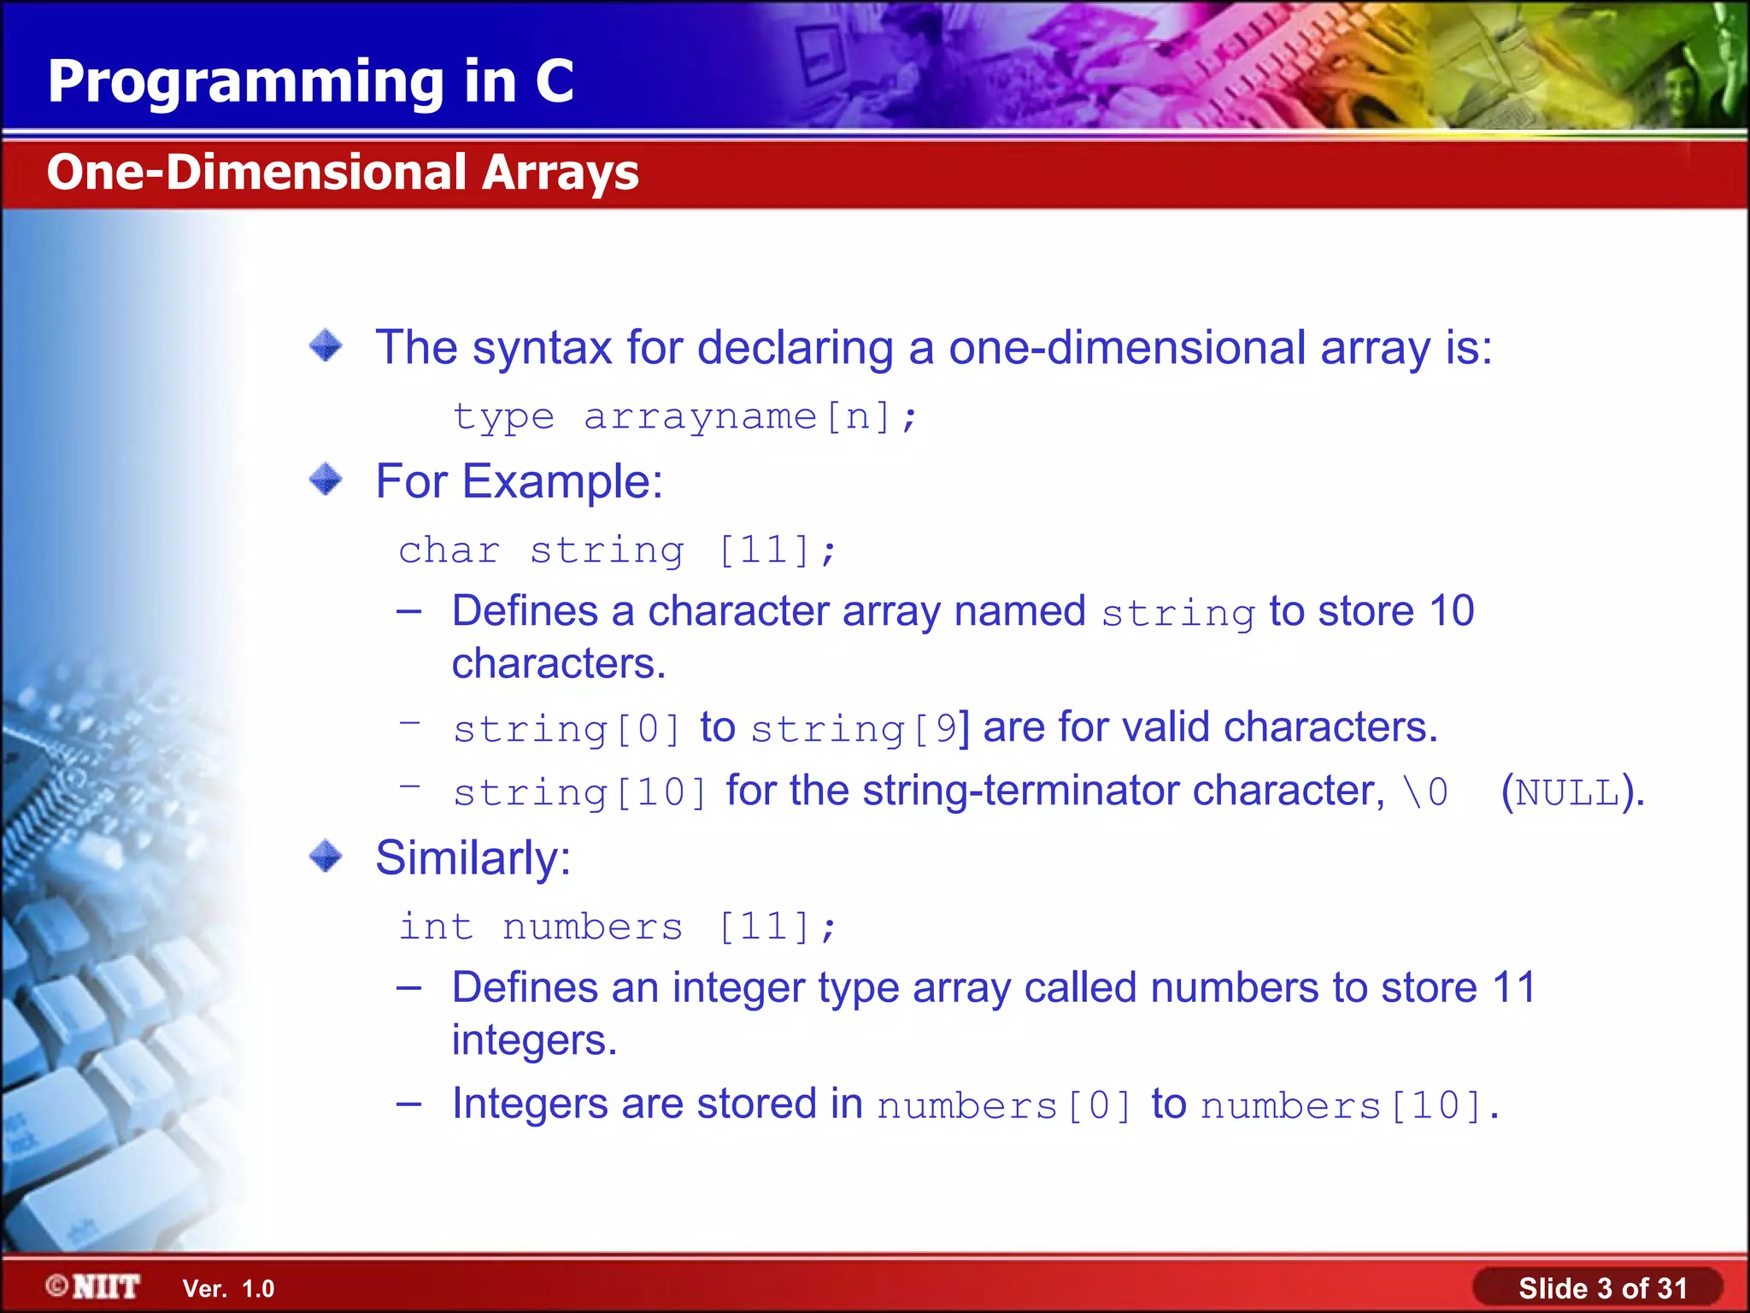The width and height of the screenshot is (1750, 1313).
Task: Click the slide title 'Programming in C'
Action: coord(310,81)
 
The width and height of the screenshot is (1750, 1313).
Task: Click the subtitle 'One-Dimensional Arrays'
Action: coord(343,172)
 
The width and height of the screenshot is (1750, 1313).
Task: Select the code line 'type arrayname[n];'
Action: coord(684,417)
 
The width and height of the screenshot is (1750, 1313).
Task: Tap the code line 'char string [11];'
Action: coord(617,550)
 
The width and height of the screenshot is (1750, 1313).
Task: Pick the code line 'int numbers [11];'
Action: coord(617,927)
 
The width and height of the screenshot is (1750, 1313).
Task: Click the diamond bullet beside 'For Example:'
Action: coord(326,480)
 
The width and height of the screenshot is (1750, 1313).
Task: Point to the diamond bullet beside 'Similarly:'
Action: coord(326,856)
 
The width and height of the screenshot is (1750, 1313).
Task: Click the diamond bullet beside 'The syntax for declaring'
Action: coord(326,345)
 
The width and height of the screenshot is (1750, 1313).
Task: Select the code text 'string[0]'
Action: coord(567,729)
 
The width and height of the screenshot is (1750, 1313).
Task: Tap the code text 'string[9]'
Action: coord(859,729)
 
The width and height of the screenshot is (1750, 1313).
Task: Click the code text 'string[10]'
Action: coord(580,792)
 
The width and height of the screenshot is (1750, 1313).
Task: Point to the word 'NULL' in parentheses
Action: coord(1568,792)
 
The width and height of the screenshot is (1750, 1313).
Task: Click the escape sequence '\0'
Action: coord(1426,792)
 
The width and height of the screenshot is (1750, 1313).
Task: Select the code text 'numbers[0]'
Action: coord(1005,1106)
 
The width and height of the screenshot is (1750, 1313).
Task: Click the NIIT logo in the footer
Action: coord(94,1287)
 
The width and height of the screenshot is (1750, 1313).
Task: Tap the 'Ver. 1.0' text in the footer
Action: coord(228,1289)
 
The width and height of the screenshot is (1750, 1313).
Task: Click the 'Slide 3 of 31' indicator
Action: coord(1602,1288)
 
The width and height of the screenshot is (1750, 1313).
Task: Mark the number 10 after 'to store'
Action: coord(1452,611)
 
